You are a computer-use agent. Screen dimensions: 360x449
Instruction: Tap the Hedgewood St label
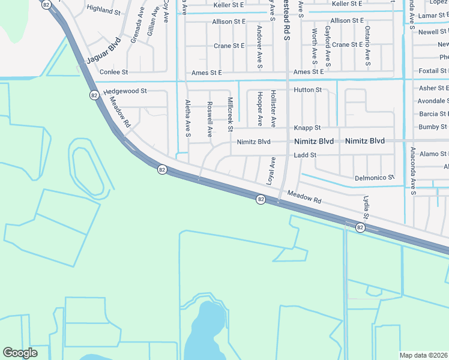[x=125, y=91]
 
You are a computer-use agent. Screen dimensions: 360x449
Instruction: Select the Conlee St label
[x=114, y=72]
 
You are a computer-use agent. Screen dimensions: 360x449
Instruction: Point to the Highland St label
[x=104, y=10]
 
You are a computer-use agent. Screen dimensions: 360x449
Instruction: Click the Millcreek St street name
[x=230, y=114]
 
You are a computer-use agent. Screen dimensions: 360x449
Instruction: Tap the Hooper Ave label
[x=260, y=109]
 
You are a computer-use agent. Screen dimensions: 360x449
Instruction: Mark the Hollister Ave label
[x=273, y=109]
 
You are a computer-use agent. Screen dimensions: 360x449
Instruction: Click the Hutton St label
[x=308, y=90]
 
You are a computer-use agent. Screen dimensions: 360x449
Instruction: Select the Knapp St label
[x=307, y=128]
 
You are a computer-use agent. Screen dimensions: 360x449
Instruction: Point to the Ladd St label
[x=305, y=155]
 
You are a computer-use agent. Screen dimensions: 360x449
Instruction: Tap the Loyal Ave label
[x=272, y=170]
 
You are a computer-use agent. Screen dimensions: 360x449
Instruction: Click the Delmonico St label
[x=374, y=178]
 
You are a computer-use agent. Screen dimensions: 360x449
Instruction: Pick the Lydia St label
[x=365, y=206]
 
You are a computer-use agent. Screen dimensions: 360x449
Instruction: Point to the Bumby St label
[x=433, y=127]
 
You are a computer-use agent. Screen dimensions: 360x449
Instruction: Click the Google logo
[x=20, y=353]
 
